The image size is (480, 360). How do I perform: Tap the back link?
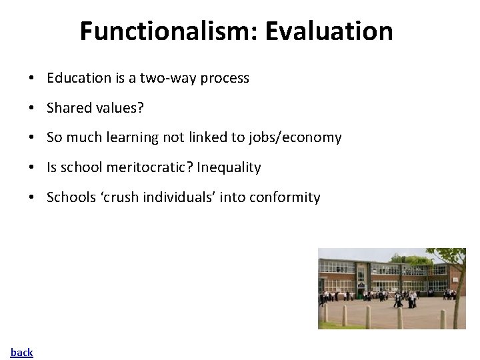point(21,352)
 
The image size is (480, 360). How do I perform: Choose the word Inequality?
point(229,168)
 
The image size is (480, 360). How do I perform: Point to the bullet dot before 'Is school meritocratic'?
point(32,168)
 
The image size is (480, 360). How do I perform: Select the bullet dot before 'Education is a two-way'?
point(32,78)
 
